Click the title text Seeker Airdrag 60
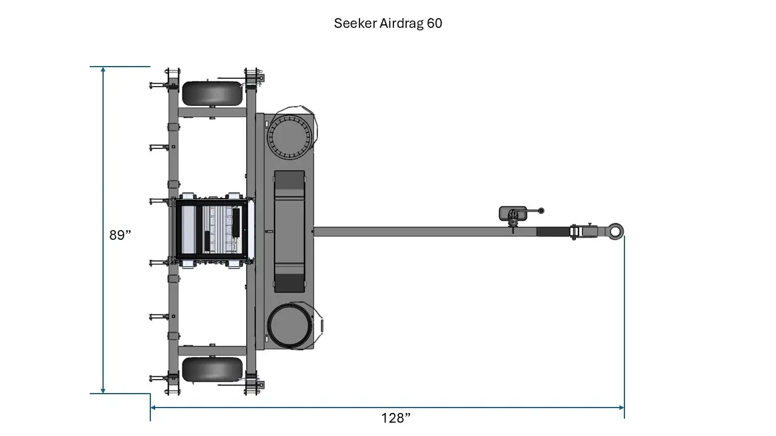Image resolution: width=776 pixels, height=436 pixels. [x=388, y=24]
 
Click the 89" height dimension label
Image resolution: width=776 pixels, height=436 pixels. [x=120, y=236]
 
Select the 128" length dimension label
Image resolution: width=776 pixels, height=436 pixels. [x=396, y=418]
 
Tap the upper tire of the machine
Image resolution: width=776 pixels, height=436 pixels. [x=212, y=93]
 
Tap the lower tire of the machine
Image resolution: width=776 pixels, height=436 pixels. [x=212, y=369]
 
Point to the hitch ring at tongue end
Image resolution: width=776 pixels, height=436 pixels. [x=615, y=231]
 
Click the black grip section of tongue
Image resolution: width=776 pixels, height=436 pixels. [x=553, y=231]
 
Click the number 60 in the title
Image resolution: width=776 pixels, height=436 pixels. [x=434, y=24]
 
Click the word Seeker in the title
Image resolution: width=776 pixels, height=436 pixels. [x=353, y=24]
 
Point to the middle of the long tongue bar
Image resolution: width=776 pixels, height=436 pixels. [x=424, y=231]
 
